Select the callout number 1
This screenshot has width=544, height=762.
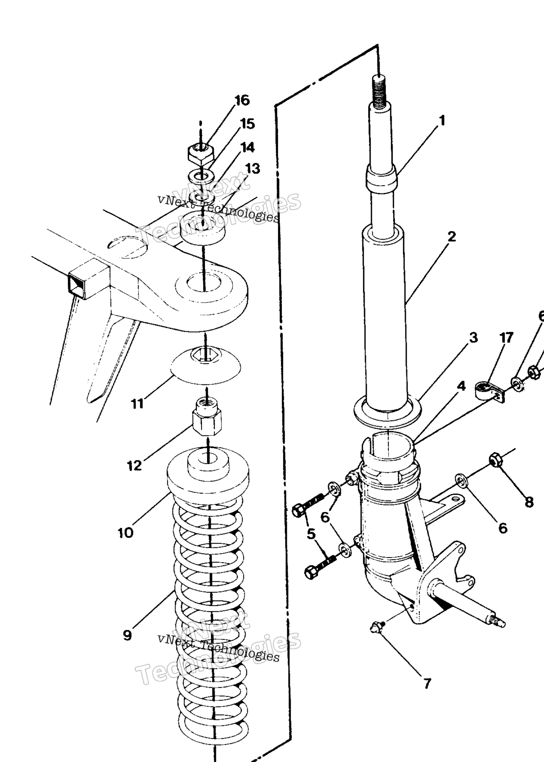(x=442, y=121)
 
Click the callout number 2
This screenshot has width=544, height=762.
(x=451, y=236)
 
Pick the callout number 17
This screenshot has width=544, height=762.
(x=506, y=338)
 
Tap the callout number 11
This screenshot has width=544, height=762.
(x=137, y=403)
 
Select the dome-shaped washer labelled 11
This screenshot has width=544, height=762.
(x=206, y=365)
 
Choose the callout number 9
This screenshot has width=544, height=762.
(x=127, y=635)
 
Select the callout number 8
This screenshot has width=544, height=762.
(x=529, y=503)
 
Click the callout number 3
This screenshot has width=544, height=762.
(x=473, y=338)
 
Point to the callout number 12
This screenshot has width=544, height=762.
(x=134, y=466)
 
